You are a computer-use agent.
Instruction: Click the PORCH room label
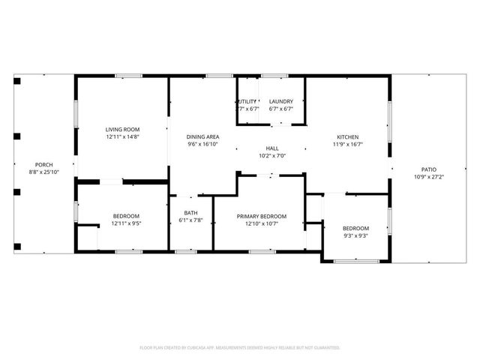click(x=44, y=165)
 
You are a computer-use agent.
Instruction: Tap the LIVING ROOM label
click(x=123, y=130)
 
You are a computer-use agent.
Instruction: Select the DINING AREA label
click(x=203, y=136)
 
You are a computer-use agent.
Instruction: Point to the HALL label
click(x=272, y=148)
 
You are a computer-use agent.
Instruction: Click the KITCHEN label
click(x=347, y=137)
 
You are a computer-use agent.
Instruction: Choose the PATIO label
click(x=429, y=170)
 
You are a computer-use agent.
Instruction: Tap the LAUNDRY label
click(x=281, y=101)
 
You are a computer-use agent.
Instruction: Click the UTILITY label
click(x=247, y=101)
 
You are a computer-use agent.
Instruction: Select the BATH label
click(x=190, y=213)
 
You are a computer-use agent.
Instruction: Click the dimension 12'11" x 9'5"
click(x=126, y=223)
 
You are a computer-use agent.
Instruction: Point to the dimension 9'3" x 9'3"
click(x=355, y=235)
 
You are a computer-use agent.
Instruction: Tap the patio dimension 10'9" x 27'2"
click(x=429, y=178)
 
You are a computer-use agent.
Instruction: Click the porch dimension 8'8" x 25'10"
click(x=44, y=172)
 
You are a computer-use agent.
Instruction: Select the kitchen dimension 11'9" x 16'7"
click(x=347, y=145)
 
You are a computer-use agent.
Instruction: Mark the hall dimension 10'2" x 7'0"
click(x=272, y=156)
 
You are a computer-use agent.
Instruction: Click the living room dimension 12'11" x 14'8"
click(x=123, y=137)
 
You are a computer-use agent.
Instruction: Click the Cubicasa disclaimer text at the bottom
click(x=240, y=348)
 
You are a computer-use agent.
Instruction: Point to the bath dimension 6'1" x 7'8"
click(x=190, y=220)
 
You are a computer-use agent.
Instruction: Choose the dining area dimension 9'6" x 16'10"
click(x=203, y=144)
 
